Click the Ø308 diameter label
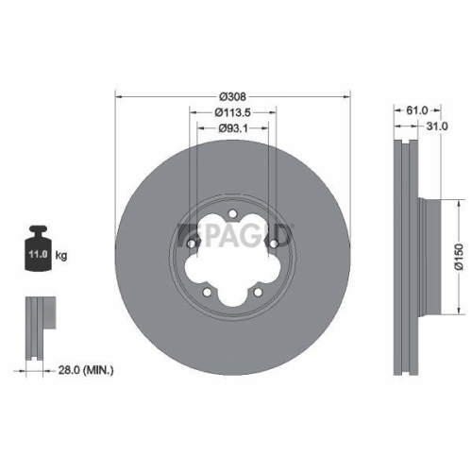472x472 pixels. [x=231, y=96]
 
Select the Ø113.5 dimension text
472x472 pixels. [x=231, y=113]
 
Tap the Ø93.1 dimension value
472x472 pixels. [x=231, y=128]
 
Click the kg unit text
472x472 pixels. [x=61, y=255]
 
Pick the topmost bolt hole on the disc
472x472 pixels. [x=231, y=215]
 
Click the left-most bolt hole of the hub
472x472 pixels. [x=193, y=244]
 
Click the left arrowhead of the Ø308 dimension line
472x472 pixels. [x=118, y=96]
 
